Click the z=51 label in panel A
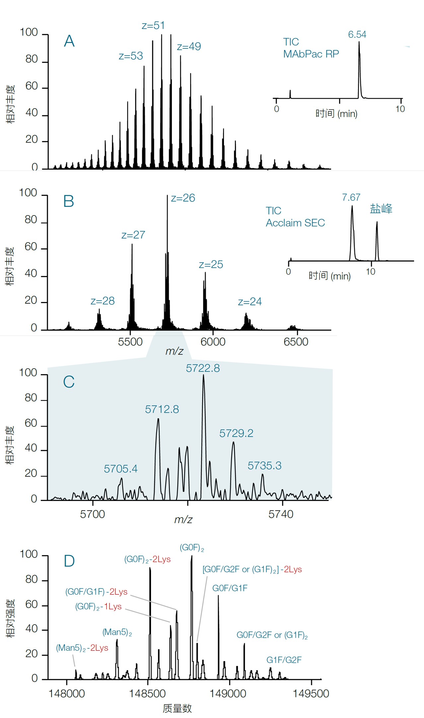pyautogui.click(x=153, y=26)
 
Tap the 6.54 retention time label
pyautogui.click(x=357, y=34)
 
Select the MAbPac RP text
pyautogui.click(x=311, y=54)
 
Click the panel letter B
pyautogui.click(x=69, y=201)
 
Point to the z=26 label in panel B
pyautogui.click(x=183, y=198)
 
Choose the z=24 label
pyautogui.click(x=250, y=302)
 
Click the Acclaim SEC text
pyautogui.click(x=295, y=223)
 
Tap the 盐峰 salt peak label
pyautogui.click(x=381, y=209)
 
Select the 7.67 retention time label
pyautogui.click(x=351, y=198)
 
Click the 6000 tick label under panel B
pyautogui.click(x=213, y=342)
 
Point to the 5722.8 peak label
pyautogui.click(x=203, y=368)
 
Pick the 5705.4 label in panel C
pyautogui.click(x=120, y=469)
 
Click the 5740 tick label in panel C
pyautogui.click(x=281, y=514)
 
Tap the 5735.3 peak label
pyautogui.click(x=264, y=466)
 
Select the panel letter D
pyautogui.click(x=69, y=561)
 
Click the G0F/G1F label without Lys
pyautogui.click(x=230, y=588)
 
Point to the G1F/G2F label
pyautogui.click(x=284, y=660)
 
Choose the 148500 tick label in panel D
pyautogui.click(x=147, y=693)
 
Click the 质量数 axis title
pyautogui.click(x=177, y=708)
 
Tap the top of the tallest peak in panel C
pyautogui.click(x=203, y=375)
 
